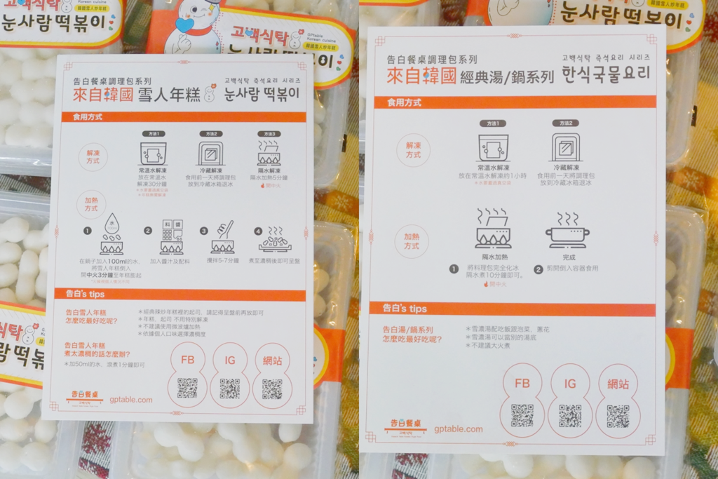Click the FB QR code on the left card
[x=187, y=388]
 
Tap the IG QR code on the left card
[x=229, y=388]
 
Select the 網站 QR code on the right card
[x=618, y=416]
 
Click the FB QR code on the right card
[x=522, y=415]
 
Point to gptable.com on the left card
[x=130, y=400]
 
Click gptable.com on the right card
[x=458, y=429]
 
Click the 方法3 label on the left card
[x=269, y=134]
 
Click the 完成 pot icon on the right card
[x=568, y=231]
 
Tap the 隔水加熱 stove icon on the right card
[x=493, y=229]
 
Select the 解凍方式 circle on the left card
[x=93, y=156]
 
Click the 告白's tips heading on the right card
[x=405, y=308]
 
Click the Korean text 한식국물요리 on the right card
[x=605, y=73]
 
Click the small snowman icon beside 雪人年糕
[x=208, y=95]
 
